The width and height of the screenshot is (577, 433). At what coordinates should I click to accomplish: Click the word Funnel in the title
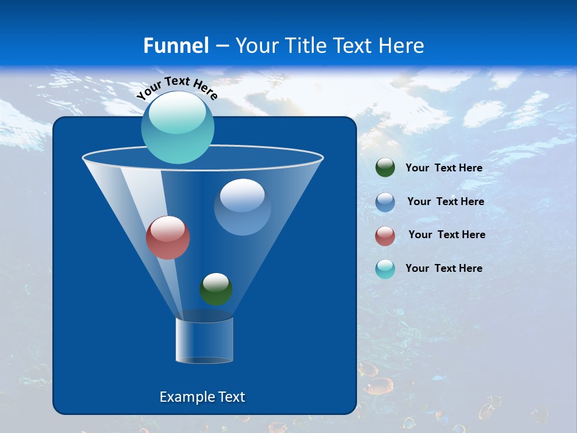176,46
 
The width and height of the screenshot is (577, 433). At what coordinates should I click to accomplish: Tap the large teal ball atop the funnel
177,127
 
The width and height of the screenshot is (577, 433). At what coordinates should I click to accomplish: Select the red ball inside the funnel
168,238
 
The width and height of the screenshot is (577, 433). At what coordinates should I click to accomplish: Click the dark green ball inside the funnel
216,289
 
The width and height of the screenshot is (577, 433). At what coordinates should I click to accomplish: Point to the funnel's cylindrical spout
204,340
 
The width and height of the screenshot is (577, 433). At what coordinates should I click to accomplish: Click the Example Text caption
202,397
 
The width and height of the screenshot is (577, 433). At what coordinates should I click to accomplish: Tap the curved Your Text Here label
177,87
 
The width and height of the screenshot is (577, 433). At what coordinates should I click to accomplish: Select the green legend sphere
385,168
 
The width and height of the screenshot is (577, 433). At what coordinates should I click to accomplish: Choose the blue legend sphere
385,202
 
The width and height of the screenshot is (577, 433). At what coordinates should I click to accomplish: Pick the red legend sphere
385,236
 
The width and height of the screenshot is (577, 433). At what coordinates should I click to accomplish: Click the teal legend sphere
385,269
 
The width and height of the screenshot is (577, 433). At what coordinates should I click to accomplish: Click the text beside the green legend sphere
444,168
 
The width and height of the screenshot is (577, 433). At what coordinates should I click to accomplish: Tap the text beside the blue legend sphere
445,202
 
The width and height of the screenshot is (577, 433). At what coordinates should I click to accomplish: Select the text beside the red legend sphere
447,235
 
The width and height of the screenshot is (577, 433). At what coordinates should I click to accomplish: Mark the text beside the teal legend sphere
444,269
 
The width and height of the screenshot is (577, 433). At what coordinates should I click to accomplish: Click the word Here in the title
403,46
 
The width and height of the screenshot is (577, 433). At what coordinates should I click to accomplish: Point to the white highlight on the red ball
168,228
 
